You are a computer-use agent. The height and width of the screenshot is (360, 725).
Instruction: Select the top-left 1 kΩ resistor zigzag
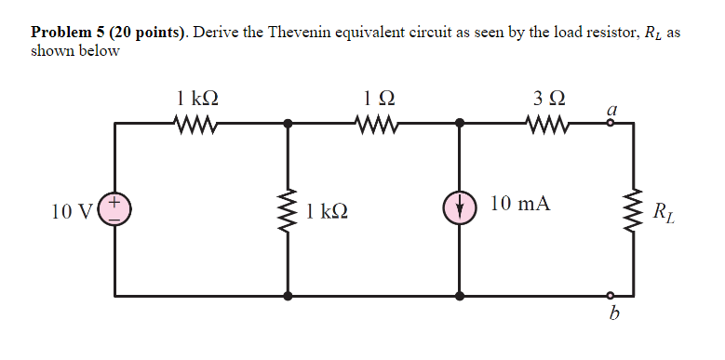point(196,122)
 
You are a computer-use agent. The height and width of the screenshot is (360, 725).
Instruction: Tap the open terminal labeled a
point(611,122)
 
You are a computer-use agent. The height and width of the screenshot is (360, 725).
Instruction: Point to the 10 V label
point(72,212)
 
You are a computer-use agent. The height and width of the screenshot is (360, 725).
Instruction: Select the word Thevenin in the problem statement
point(299,33)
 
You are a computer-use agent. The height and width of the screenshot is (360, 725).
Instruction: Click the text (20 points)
point(150,33)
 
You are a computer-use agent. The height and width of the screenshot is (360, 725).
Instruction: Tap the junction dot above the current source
point(459,122)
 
